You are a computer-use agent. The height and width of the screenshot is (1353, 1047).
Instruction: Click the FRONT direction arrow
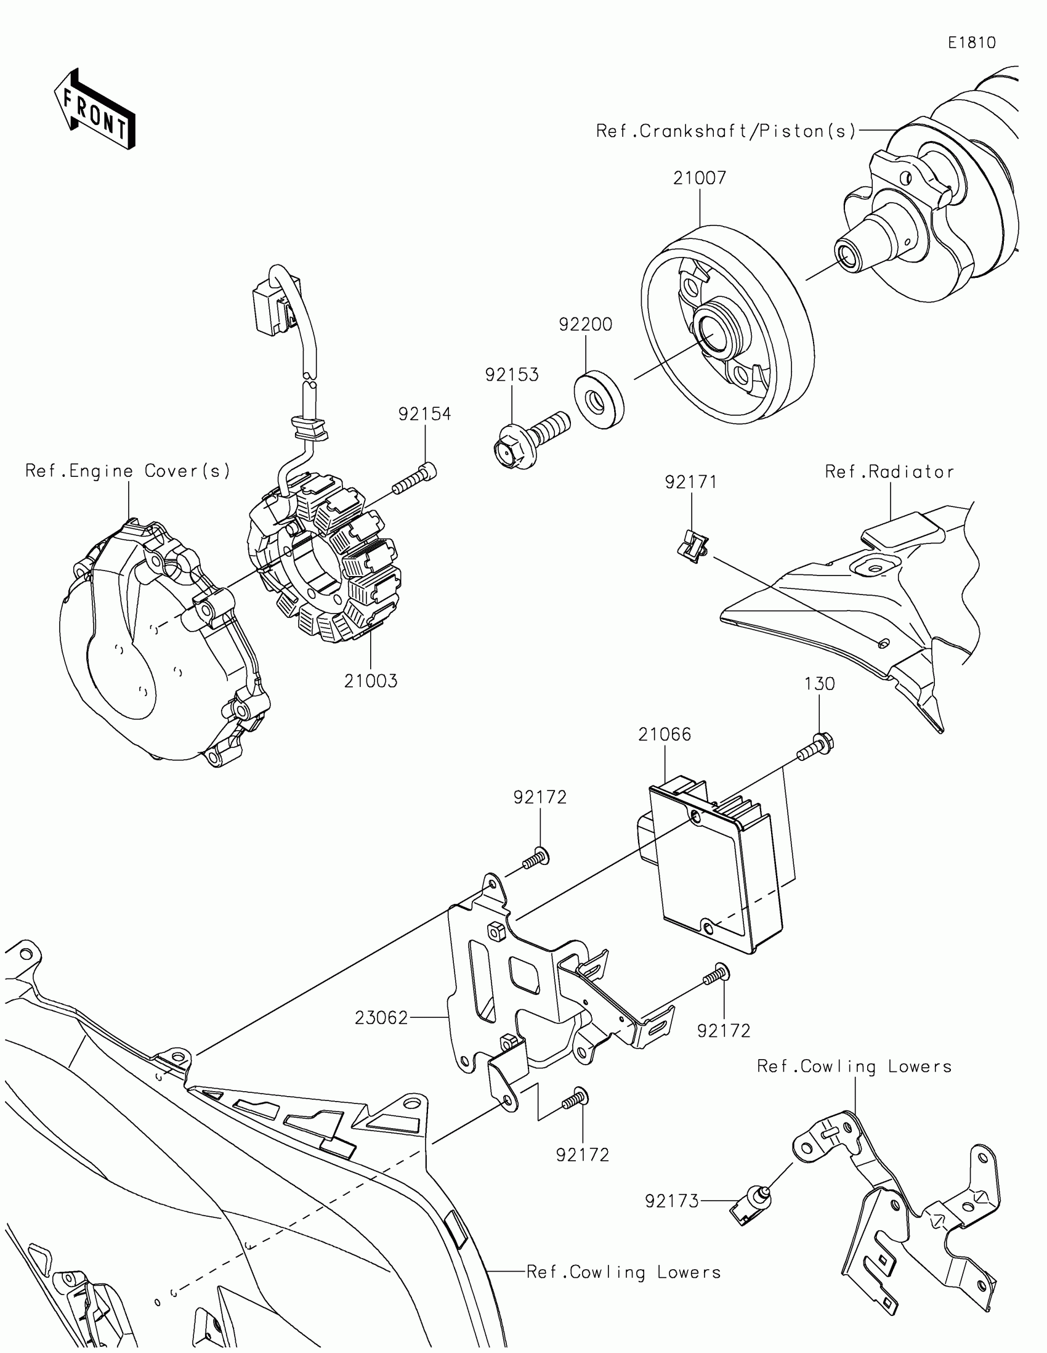coord(95,110)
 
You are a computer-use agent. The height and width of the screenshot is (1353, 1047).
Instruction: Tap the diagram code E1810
coord(972,43)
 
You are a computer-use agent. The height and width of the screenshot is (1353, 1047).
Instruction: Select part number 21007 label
coord(700,179)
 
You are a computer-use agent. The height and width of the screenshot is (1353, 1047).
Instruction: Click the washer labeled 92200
coord(599,400)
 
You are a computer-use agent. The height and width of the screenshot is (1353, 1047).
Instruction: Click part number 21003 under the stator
coord(371,681)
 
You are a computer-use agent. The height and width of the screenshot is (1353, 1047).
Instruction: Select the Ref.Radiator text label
coord(889,472)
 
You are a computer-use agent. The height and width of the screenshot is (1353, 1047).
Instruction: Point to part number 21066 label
coord(665,734)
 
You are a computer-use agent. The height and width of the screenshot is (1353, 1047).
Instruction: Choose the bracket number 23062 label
coord(381,1018)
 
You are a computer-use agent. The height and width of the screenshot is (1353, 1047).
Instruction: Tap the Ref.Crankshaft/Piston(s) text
coord(726,131)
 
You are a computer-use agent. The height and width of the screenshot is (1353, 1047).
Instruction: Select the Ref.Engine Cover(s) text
coord(127,471)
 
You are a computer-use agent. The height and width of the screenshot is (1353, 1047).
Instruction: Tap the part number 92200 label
coord(585,325)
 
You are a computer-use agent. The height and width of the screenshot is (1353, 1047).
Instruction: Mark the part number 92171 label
coord(691,482)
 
